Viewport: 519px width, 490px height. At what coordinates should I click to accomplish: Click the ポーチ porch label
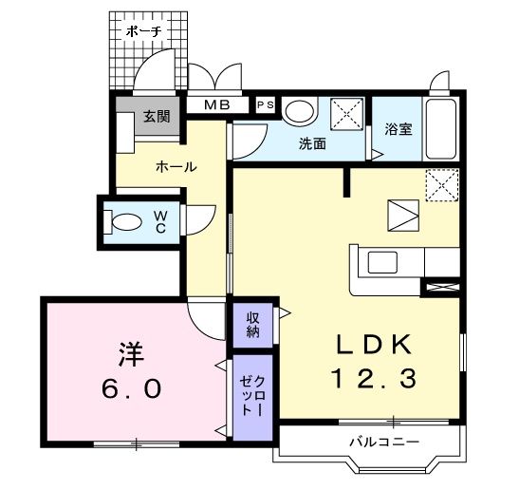pyautogui.click(x=144, y=31)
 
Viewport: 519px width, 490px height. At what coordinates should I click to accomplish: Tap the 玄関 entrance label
pyautogui.click(x=157, y=116)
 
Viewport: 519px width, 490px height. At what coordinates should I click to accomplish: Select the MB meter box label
pyautogui.click(x=217, y=105)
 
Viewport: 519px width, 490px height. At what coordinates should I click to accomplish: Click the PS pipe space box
pyautogui.click(x=266, y=104)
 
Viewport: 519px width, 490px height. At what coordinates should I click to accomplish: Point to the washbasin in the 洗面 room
pyautogui.click(x=300, y=111)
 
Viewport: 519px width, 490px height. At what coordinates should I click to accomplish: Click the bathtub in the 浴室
pyautogui.click(x=441, y=129)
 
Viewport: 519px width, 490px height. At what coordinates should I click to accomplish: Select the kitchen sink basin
pyautogui.click(x=383, y=262)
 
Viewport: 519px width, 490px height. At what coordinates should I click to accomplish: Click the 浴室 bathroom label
pyautogui.click(x=399, y=129)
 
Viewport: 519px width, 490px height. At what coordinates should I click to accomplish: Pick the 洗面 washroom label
pyautogui.click(x=312, y=143)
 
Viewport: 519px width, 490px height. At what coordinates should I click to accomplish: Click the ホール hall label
pyautogui.click(x=176, y=166)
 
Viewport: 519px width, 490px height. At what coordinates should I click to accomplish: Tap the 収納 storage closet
pyautogui.click(x=253, y=325)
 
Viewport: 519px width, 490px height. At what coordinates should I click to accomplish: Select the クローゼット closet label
pyautogui.click(x=253, y=395)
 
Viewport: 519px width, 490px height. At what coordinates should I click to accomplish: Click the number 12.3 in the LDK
pyautogui.click(x=375, y=379)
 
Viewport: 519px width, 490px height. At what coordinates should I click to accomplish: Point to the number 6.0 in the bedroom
pyautogui.click(x=132, y=389)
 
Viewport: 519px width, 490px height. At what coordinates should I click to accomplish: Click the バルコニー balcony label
pyautogui.click(x=384, y=442)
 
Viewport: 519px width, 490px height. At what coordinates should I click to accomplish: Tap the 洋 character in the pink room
pyautogui.click(x=132, y=354)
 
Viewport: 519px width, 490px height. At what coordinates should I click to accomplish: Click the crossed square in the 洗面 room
pyautogui.click(x=347, y=114)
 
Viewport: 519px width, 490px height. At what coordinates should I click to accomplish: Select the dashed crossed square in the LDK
pyautogui.click(x=442, y=185)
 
